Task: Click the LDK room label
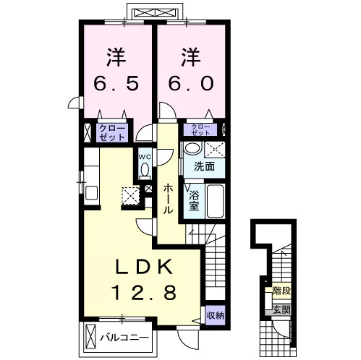(144, 267)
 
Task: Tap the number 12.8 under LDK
(144, 292)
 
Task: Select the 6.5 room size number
(116, 83)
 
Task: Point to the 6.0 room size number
(190, 83)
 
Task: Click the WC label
(145, 157)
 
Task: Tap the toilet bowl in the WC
(145, 170)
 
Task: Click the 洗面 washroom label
(205, 166)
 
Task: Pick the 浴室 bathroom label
(194, 201)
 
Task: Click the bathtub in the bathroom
(215, 201)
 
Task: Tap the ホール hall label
(168, 199)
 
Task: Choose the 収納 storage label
(216, 315)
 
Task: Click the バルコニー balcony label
(124, 338)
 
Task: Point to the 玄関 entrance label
(281, 310)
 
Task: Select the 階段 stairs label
(281, 291)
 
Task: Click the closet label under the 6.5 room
(112, 133)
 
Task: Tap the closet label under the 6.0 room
(200, 129)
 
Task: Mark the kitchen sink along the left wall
(91, 194)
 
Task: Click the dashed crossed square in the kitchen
(130, 196)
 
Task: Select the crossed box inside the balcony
(91, 338)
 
